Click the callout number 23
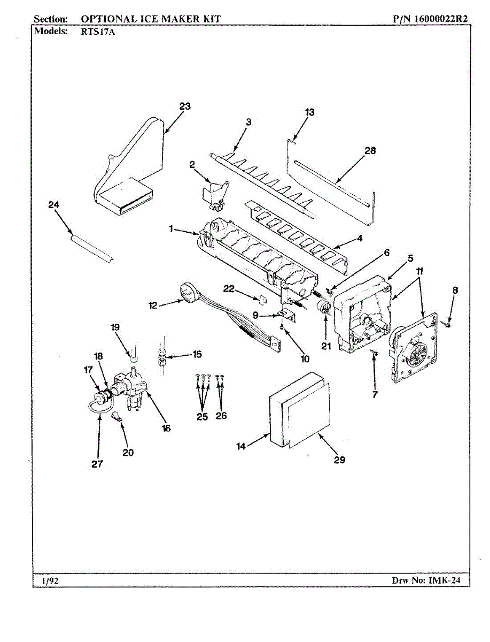coord(185,106)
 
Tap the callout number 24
coord(54,205)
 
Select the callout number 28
coord(370,151)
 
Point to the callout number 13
coord(309,112)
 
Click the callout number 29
coord(339,460)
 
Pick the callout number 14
coord(241,447)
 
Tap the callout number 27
coord(97,464)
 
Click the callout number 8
coord(455,290)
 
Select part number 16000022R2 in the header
coord(441,19)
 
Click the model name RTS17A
coord(98,32)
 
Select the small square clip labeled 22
coord(263,300)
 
